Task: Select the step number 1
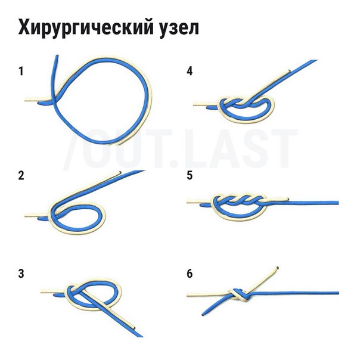click(x=21, y=71)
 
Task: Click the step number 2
click(x=21, y=176)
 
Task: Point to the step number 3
click(x=21, y=274)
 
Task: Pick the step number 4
click(x=190, y=71)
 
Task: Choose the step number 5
click(x=190, y=176)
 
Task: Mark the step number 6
click(x=190, y=274)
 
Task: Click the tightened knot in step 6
click(x=239, y=295)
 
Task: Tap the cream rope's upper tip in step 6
click(x=277, y=268)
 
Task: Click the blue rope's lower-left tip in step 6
click(x=203, y=314)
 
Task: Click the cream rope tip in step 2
click(x=120, y=172)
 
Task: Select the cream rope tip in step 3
click(x=134, y=327)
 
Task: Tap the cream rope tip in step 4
click(x=289, y=71)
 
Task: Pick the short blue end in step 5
click(x=205, y=204)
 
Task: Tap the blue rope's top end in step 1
click(x=57, y=56)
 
